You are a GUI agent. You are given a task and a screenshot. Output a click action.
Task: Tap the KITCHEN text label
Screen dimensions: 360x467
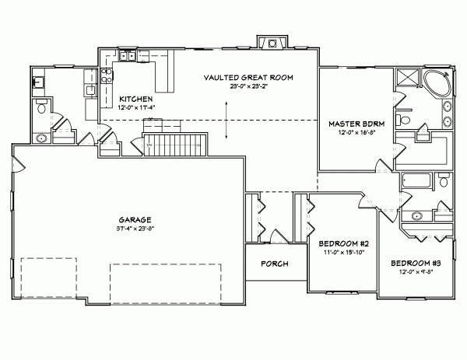pos(135,99)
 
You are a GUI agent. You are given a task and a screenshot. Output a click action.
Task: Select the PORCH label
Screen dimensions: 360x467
pos(274,264)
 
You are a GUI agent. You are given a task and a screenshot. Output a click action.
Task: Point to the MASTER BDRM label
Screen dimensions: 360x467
pos(353,124)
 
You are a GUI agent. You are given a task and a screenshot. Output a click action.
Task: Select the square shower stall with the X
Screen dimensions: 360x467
pos(406,80)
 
